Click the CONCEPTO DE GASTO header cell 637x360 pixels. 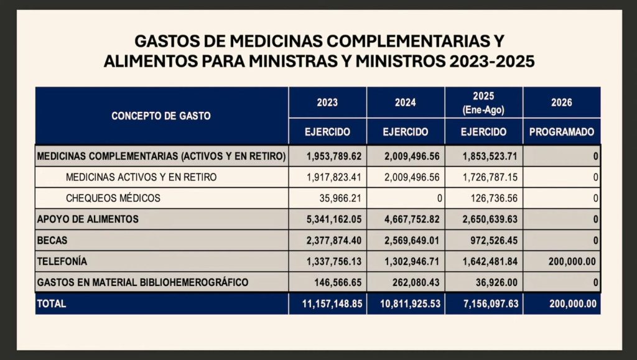(x=161, y=116)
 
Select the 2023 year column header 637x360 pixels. (x=327, y=102)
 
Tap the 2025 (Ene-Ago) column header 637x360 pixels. (x=483, y=103)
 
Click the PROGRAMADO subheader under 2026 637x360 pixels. (x=562, y=132)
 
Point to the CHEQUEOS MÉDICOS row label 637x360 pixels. (x=113, y=198)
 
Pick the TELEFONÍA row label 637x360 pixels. (x=62, y=261)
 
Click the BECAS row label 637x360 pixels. (x=52, y=240)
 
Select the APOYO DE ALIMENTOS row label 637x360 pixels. (x=88, y=219)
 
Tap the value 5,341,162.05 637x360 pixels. (x=334, y=219)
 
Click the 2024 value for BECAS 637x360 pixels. (x=412, y=240)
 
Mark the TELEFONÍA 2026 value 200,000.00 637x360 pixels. (x=572, y=261)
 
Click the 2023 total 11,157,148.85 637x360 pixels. (x=332, y=303)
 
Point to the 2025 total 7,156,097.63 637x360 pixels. (x=491, y=303)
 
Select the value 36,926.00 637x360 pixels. (x=496, y=282)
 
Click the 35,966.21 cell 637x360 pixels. (x=340, y=198)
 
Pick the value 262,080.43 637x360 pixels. (x=416, y=282)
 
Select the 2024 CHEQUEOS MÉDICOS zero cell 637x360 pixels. (x=439, y=198)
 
